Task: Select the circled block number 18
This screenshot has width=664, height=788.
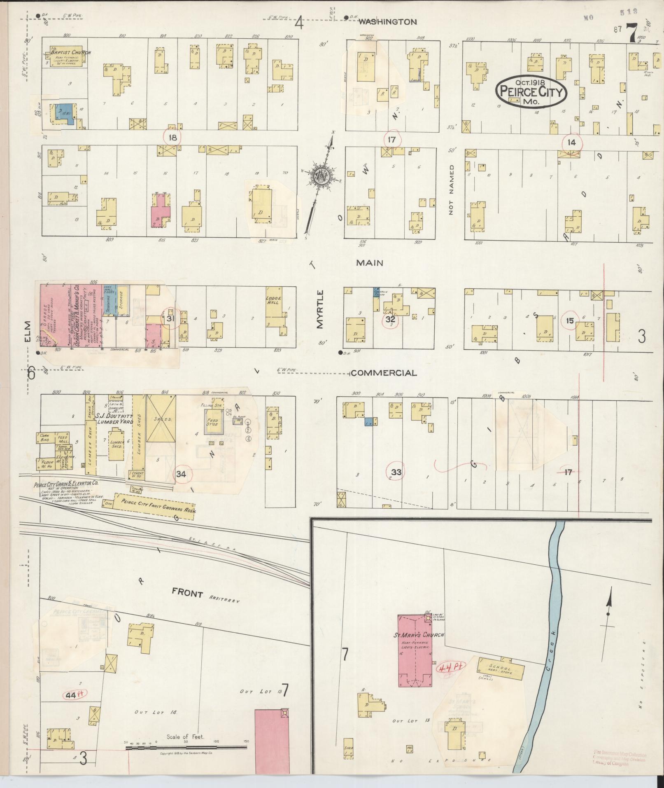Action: tap(172, 137)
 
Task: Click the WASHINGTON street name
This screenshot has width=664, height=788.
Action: tap(387, 22)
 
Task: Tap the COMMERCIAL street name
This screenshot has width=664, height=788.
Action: tap(383, 373)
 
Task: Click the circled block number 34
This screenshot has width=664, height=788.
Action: tap(181, 474)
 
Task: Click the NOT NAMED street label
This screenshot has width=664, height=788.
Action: tap(452, 190)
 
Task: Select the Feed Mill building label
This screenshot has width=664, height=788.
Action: tap(63, 439)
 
